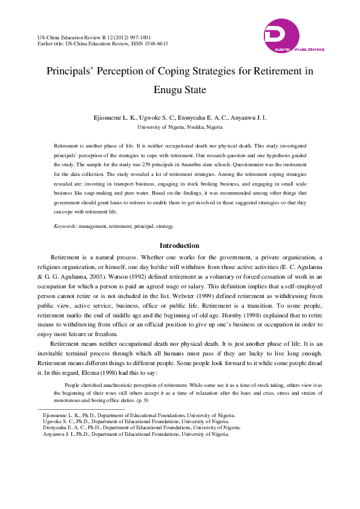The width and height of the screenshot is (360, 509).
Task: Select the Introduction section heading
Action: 179,245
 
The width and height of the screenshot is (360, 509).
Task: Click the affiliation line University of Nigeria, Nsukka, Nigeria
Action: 180,128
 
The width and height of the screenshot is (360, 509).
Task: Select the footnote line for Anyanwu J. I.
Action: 136,434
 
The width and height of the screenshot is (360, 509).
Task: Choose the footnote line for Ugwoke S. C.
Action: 136,421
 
